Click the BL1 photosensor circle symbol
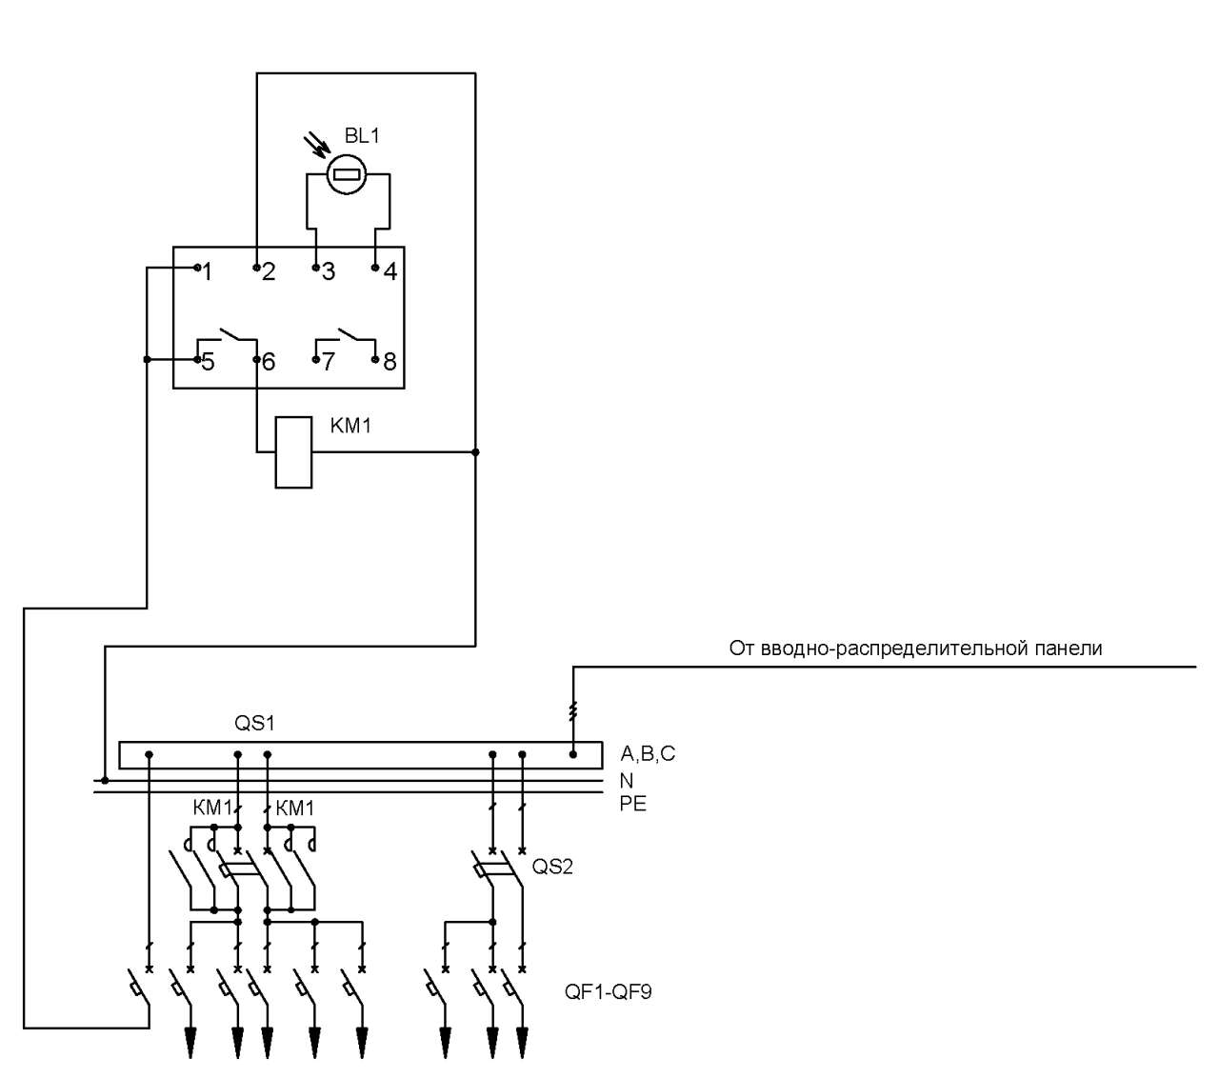346,174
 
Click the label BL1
362,136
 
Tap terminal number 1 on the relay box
208,272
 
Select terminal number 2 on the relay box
269,272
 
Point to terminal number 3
329,272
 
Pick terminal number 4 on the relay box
390,272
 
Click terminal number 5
209,362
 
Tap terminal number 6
269,362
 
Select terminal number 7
329,362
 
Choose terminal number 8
390,362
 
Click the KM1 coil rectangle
293,452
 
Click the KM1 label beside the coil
350,426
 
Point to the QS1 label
254,723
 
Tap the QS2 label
552,867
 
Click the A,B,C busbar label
648,754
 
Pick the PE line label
633,804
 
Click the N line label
627,780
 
